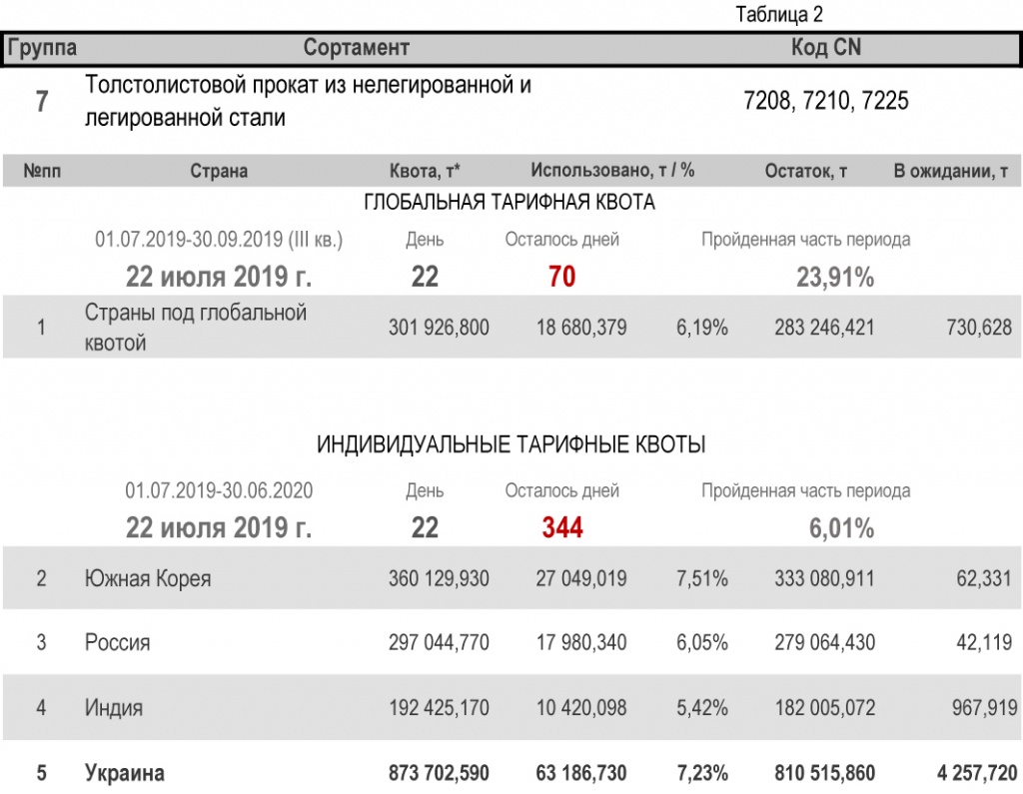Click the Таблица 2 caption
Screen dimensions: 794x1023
point(779,15)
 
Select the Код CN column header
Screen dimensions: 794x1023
point(825,48)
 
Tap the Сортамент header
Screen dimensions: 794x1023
point(357,48)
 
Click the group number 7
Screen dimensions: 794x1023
point(42,101)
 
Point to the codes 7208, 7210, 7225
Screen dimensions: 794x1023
point(826,101)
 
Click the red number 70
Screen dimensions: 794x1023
point(561,277)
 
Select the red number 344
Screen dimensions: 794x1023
point(562,527)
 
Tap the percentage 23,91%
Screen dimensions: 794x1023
point(835,278)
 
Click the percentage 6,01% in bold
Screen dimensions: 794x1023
point(841,527)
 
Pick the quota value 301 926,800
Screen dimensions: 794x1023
point(439,328)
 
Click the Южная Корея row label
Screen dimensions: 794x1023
point(148,578)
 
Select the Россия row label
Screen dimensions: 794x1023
point(117,642)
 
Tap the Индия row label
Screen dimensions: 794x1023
point(113,708)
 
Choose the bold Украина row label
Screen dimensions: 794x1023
point(125,773)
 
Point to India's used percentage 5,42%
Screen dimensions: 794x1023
point(702,708)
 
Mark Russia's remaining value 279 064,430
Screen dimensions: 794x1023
point(824,642)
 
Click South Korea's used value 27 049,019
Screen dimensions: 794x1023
point(581,578)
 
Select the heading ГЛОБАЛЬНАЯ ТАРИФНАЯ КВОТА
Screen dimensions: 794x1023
point(510,203)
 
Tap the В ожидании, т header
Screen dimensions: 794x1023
point(950,171)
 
